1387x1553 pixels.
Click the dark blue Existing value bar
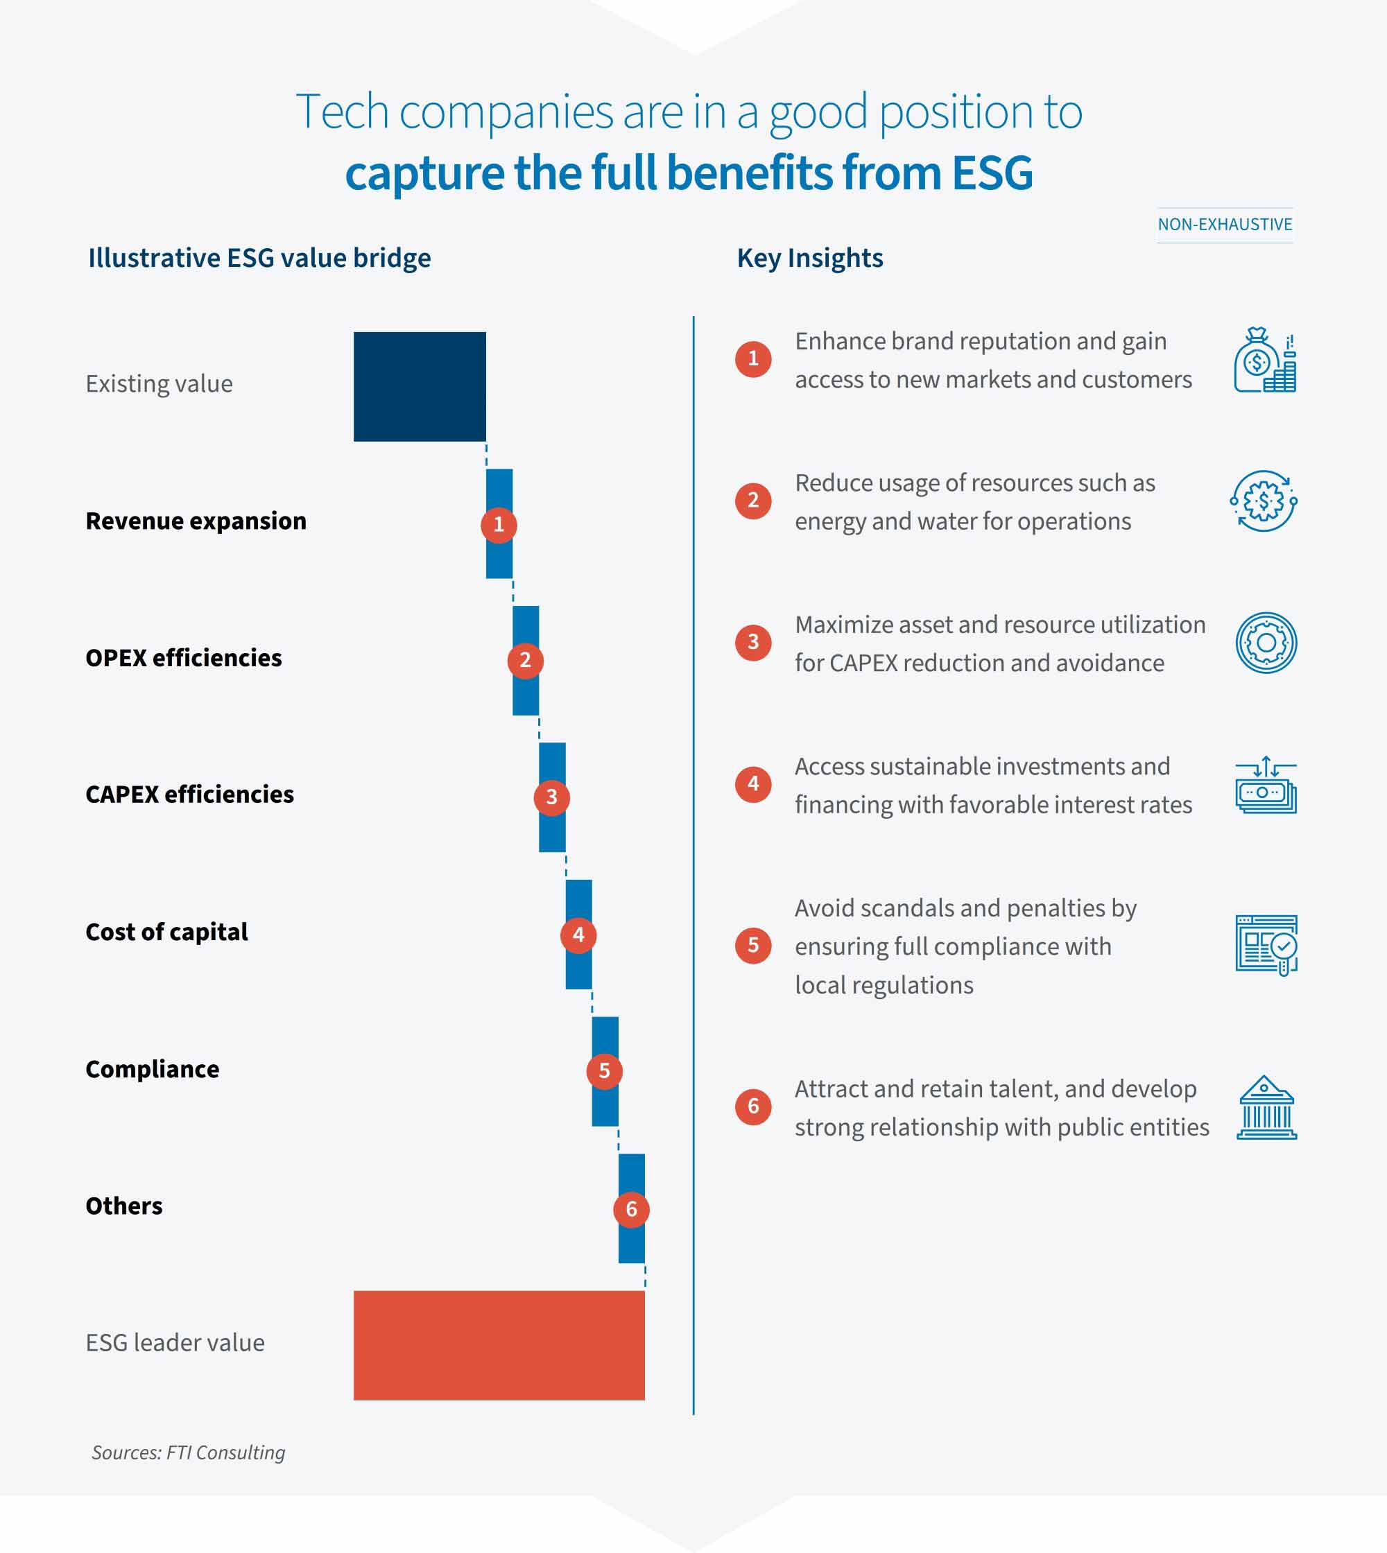pyautogui.click(x=419, y=386)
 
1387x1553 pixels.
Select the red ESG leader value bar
pyautogui.click(x=499, y=1345)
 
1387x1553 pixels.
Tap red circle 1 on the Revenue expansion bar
pyautogui.click(x=499, y=524)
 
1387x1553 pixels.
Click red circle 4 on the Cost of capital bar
pyautogui.click(x=578, y=935)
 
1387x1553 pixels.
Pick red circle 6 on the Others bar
pyautogui.click(x=631, y=1208)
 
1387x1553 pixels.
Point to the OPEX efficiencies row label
pyautogui.click(x=184, y=658)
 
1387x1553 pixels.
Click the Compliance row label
pyautogui.click(x=153, y=1069)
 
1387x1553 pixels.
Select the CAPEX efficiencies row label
pyautogui.click(x=190, y=794)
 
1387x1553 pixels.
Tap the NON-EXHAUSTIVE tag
pyautogui.click(x=1225, y=225)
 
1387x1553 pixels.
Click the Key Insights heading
pyautogui.click(x=809, y=259)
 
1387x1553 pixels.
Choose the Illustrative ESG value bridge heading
pyautogui.click(x=259, y=259)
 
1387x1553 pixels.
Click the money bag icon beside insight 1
pyautogui.click(x=1264, y=360)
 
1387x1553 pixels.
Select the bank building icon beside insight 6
pyautogui.click(x=1266, y=1107)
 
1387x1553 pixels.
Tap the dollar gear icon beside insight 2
pyautogui.click(x=1264, y=501)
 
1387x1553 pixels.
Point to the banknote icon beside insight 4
pyautogui.click(x=1265, y=785)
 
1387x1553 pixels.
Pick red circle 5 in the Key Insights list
pyautogui.click(x=753, y=946)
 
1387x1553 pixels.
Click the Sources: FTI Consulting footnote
pyautogui.click(x=188, y=1452)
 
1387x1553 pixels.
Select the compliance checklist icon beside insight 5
pyautogui.click(x=1266, y=945)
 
